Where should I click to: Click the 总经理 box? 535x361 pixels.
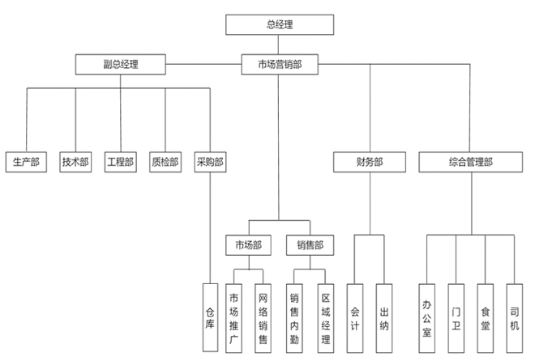(279, 25)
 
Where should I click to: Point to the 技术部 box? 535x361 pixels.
(75, 162)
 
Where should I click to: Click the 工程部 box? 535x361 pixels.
(120, 162)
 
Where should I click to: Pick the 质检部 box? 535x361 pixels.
(165, 162)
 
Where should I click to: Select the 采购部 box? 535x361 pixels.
(210, 162)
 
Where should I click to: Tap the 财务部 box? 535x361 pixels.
(369, 162)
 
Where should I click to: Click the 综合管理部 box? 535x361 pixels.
(470, 162)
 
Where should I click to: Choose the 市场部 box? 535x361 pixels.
(248, 244)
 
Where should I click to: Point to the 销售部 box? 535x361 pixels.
(310, 244)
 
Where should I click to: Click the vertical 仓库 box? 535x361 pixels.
(210, 316)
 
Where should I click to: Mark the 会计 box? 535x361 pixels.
(354, 316)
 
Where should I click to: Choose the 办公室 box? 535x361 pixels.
(426, 316)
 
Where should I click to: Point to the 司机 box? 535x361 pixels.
(514, 316)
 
